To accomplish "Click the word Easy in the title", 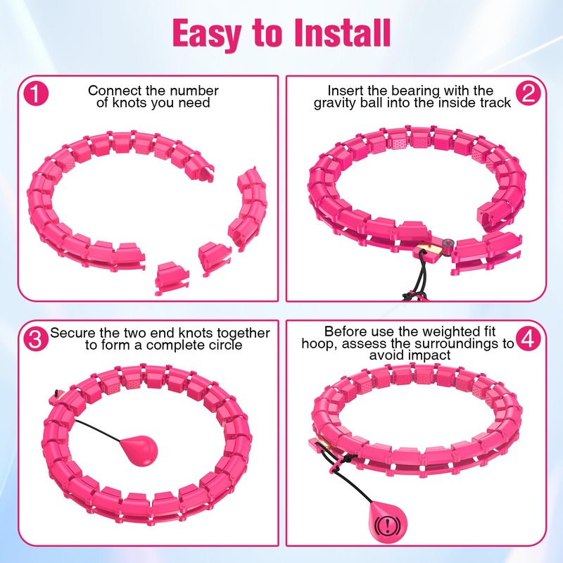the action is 207,33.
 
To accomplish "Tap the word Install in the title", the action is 342,32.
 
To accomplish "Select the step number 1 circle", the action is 36,93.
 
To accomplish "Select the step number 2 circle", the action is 529,93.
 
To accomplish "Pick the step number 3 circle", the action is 36,339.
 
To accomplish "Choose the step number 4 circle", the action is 529,339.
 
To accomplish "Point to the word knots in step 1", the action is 129,103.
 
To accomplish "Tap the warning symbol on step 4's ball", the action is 386,525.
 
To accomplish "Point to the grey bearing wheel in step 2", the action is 448,243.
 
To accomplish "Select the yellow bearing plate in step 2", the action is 431,251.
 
